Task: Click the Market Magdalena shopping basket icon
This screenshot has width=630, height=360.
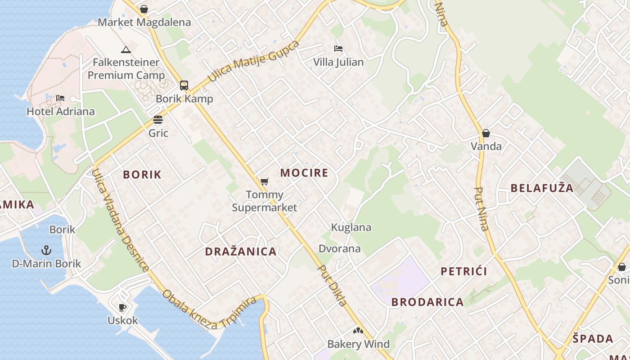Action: [144, 9]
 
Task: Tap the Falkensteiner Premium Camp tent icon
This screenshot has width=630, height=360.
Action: [126, 49]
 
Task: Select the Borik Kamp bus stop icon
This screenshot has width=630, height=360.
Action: [184, 85]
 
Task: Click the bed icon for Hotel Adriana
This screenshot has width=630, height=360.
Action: [60, 98]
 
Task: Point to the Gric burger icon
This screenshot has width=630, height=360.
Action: [157, 120]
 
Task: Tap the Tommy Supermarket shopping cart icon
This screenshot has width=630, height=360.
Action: [265, 182]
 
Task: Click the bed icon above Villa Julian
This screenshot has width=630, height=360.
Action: [338, 49]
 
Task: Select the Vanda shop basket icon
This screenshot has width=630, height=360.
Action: [486, 133]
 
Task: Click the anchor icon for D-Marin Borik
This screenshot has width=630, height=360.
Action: [46, 250]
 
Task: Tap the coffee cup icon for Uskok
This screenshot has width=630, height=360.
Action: [122, 307]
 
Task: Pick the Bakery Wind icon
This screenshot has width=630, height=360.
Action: [358, 331]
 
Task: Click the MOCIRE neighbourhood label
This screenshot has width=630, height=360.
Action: [304, 173]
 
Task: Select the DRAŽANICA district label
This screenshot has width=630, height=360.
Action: [241, 252]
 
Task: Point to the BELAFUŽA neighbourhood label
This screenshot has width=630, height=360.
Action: [542, 188]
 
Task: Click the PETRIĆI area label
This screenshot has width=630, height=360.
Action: [464, 271]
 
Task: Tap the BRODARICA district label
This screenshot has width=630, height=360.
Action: [427, 302]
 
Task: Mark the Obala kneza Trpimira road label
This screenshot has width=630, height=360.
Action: [210, 309]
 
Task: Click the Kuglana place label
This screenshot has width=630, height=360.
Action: [351, 227]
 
